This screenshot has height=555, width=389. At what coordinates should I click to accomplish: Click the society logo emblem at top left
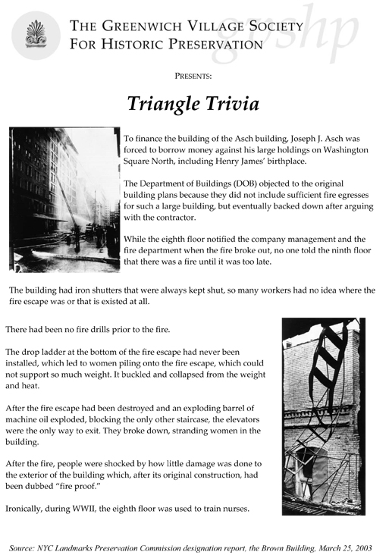pyautogui.click(x=38, y=33)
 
